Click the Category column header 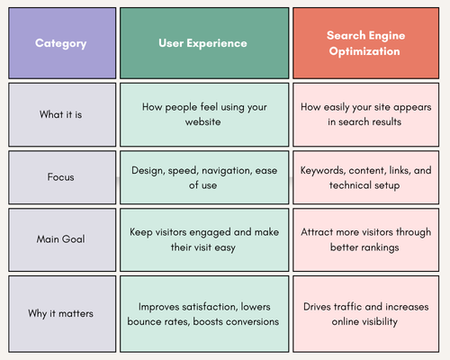click(x=60, y=44)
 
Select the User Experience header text click(x=202, y=43)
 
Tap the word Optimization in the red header click(x=364, y=51)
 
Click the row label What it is click(x=60, y=114)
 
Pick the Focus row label click(x=60, y=177)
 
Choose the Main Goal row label click(x=60, y=239)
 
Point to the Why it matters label click(x=60, y=313)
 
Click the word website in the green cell click(x=202, y=121)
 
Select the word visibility click(x=380, y=321)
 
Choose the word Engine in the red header click(x=387, y=36)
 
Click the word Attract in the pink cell click(x=317, y=232)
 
